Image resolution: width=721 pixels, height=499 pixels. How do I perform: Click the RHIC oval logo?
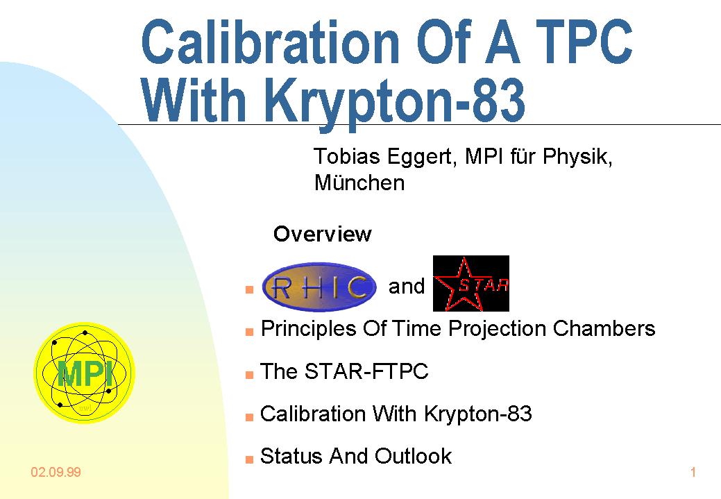pos(319,287)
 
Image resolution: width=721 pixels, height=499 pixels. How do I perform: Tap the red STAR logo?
pos(471,283)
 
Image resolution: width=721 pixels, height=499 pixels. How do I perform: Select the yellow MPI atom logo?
pos(85,373)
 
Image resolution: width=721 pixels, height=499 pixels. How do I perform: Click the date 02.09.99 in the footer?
pos(56,473)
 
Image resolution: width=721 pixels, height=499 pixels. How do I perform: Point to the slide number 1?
pos(693,473)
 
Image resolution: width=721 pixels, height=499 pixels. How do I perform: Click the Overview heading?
pos(323,234)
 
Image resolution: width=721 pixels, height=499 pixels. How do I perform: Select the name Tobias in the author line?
pos(347,156)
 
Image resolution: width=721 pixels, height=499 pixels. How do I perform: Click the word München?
pos(359,183)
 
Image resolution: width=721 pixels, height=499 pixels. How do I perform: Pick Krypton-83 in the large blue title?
pos(396,101)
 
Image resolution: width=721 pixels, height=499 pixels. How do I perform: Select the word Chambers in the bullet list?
pos(604,329)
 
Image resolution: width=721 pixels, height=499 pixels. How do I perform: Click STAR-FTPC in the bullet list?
pos(366,371)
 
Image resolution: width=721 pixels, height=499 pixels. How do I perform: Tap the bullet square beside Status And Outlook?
pos(249,459)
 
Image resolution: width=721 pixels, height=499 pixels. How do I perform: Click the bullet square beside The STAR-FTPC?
pos(249,374)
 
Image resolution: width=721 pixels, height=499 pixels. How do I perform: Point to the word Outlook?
pos(413,456)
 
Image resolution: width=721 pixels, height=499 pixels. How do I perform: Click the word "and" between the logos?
pos(407,287)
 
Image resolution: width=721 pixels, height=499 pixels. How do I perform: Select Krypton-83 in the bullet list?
pos(477,414)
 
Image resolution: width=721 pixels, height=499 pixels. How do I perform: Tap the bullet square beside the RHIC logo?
pos(249,289)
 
